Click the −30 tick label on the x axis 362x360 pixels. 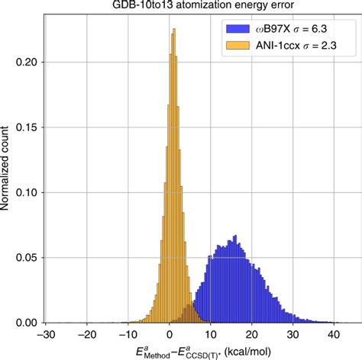(x=47, y=335)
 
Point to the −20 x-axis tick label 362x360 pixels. (x=88, y=335)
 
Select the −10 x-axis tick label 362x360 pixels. (x=128, y=335)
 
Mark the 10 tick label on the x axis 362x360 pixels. (x=212, y=335)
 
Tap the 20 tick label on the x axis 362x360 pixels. (x=252, y=335)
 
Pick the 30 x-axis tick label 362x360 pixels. (x=293, y=335)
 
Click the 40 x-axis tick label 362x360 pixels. (x=334, y=335)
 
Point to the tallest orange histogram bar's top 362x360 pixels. (x=174, y=30)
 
